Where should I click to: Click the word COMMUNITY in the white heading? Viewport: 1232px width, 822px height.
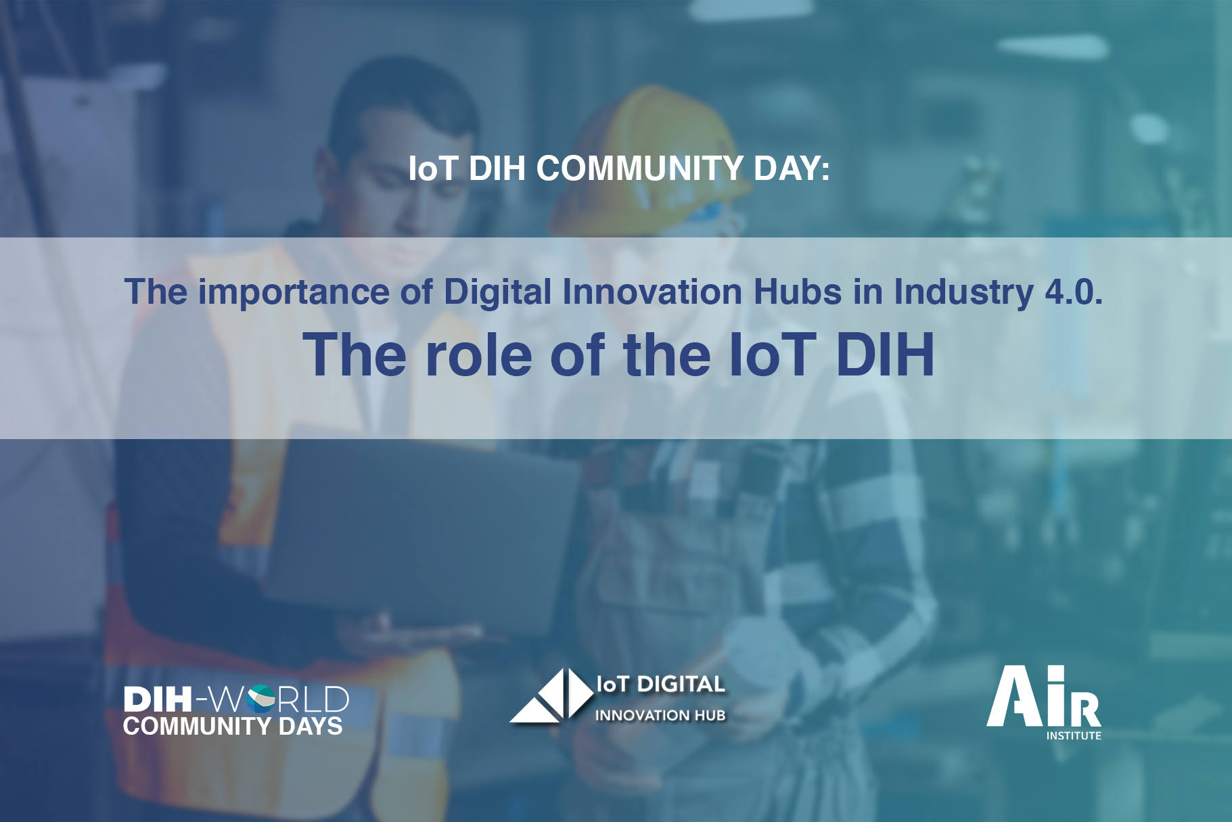click(640, 168)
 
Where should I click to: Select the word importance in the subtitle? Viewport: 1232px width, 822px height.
click(294, 293)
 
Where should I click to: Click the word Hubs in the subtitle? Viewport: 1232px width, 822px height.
click(798, 292)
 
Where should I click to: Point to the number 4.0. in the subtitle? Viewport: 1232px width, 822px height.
click(1074, 292)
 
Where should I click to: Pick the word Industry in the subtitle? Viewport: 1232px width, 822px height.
click(963, 293)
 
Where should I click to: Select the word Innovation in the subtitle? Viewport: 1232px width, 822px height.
click(652, 292)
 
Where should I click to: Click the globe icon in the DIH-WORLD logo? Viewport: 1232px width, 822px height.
click(261, 699)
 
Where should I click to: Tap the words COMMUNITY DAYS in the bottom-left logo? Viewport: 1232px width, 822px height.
click(233, 726)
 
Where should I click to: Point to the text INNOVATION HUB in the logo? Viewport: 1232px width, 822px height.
click(660, 715)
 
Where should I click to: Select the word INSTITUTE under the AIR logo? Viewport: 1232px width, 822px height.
click(1074, 735)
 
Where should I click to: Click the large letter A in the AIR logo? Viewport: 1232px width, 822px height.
click(1016, 696)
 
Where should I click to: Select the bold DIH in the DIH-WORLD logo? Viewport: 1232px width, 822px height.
click(158, 700)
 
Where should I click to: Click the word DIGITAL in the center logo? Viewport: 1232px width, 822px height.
click(681, 685)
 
